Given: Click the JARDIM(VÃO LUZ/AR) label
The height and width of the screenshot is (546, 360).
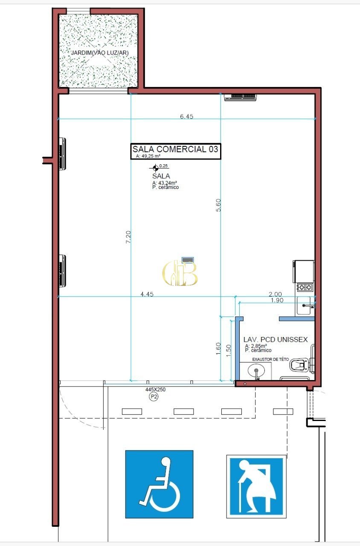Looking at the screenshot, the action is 100,52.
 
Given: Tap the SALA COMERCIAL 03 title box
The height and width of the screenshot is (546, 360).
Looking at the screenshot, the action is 175,151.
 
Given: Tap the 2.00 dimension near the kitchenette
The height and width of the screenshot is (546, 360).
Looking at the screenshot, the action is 275,294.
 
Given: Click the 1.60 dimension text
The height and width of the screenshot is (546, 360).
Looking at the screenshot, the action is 218,349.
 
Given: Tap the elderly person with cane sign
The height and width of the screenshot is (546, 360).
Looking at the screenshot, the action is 256,486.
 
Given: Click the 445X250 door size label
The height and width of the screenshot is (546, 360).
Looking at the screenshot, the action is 156,389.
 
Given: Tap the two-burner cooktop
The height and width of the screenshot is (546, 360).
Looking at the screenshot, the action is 305,288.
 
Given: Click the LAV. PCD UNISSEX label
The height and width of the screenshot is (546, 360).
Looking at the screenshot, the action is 276,340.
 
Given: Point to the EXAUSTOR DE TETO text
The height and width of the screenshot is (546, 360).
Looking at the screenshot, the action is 270,359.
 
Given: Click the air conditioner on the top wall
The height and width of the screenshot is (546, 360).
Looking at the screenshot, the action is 240,97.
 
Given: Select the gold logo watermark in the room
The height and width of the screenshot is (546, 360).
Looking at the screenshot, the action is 180,273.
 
